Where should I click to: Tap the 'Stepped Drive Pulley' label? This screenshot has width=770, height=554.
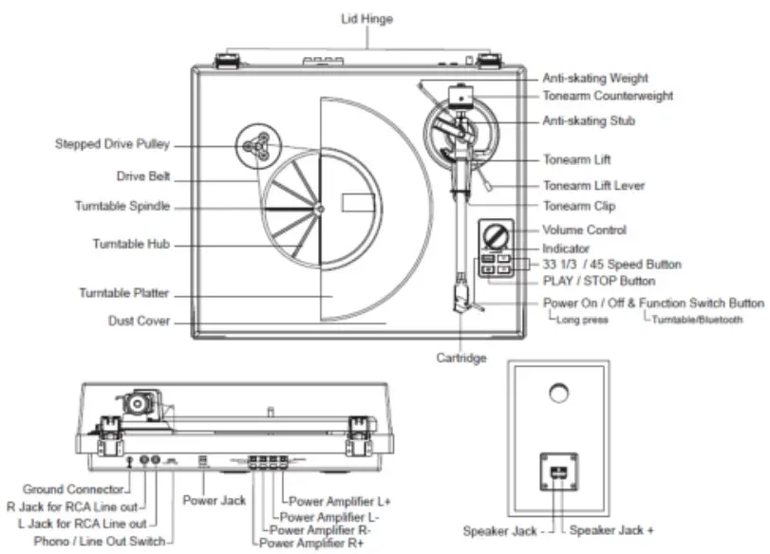coord(112,145)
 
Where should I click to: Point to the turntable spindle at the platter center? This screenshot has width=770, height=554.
coord(320,208)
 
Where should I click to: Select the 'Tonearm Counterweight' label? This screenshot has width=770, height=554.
coord(608,96)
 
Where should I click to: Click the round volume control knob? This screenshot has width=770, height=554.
coord(495,233)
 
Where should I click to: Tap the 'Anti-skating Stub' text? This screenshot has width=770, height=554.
coord(589,121)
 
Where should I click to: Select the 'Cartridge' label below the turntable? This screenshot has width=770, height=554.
coord(462,359)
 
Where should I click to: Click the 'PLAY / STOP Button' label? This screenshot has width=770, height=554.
coord(599,282)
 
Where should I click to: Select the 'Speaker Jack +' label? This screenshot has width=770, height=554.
coord(612,530)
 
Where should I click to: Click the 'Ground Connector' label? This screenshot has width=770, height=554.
coord(73,489)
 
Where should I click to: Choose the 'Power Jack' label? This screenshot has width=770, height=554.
coord(216,500)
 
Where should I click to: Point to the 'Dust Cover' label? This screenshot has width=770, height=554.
coord(139,322)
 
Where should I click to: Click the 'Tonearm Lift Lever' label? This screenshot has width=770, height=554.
coord(593,186)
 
